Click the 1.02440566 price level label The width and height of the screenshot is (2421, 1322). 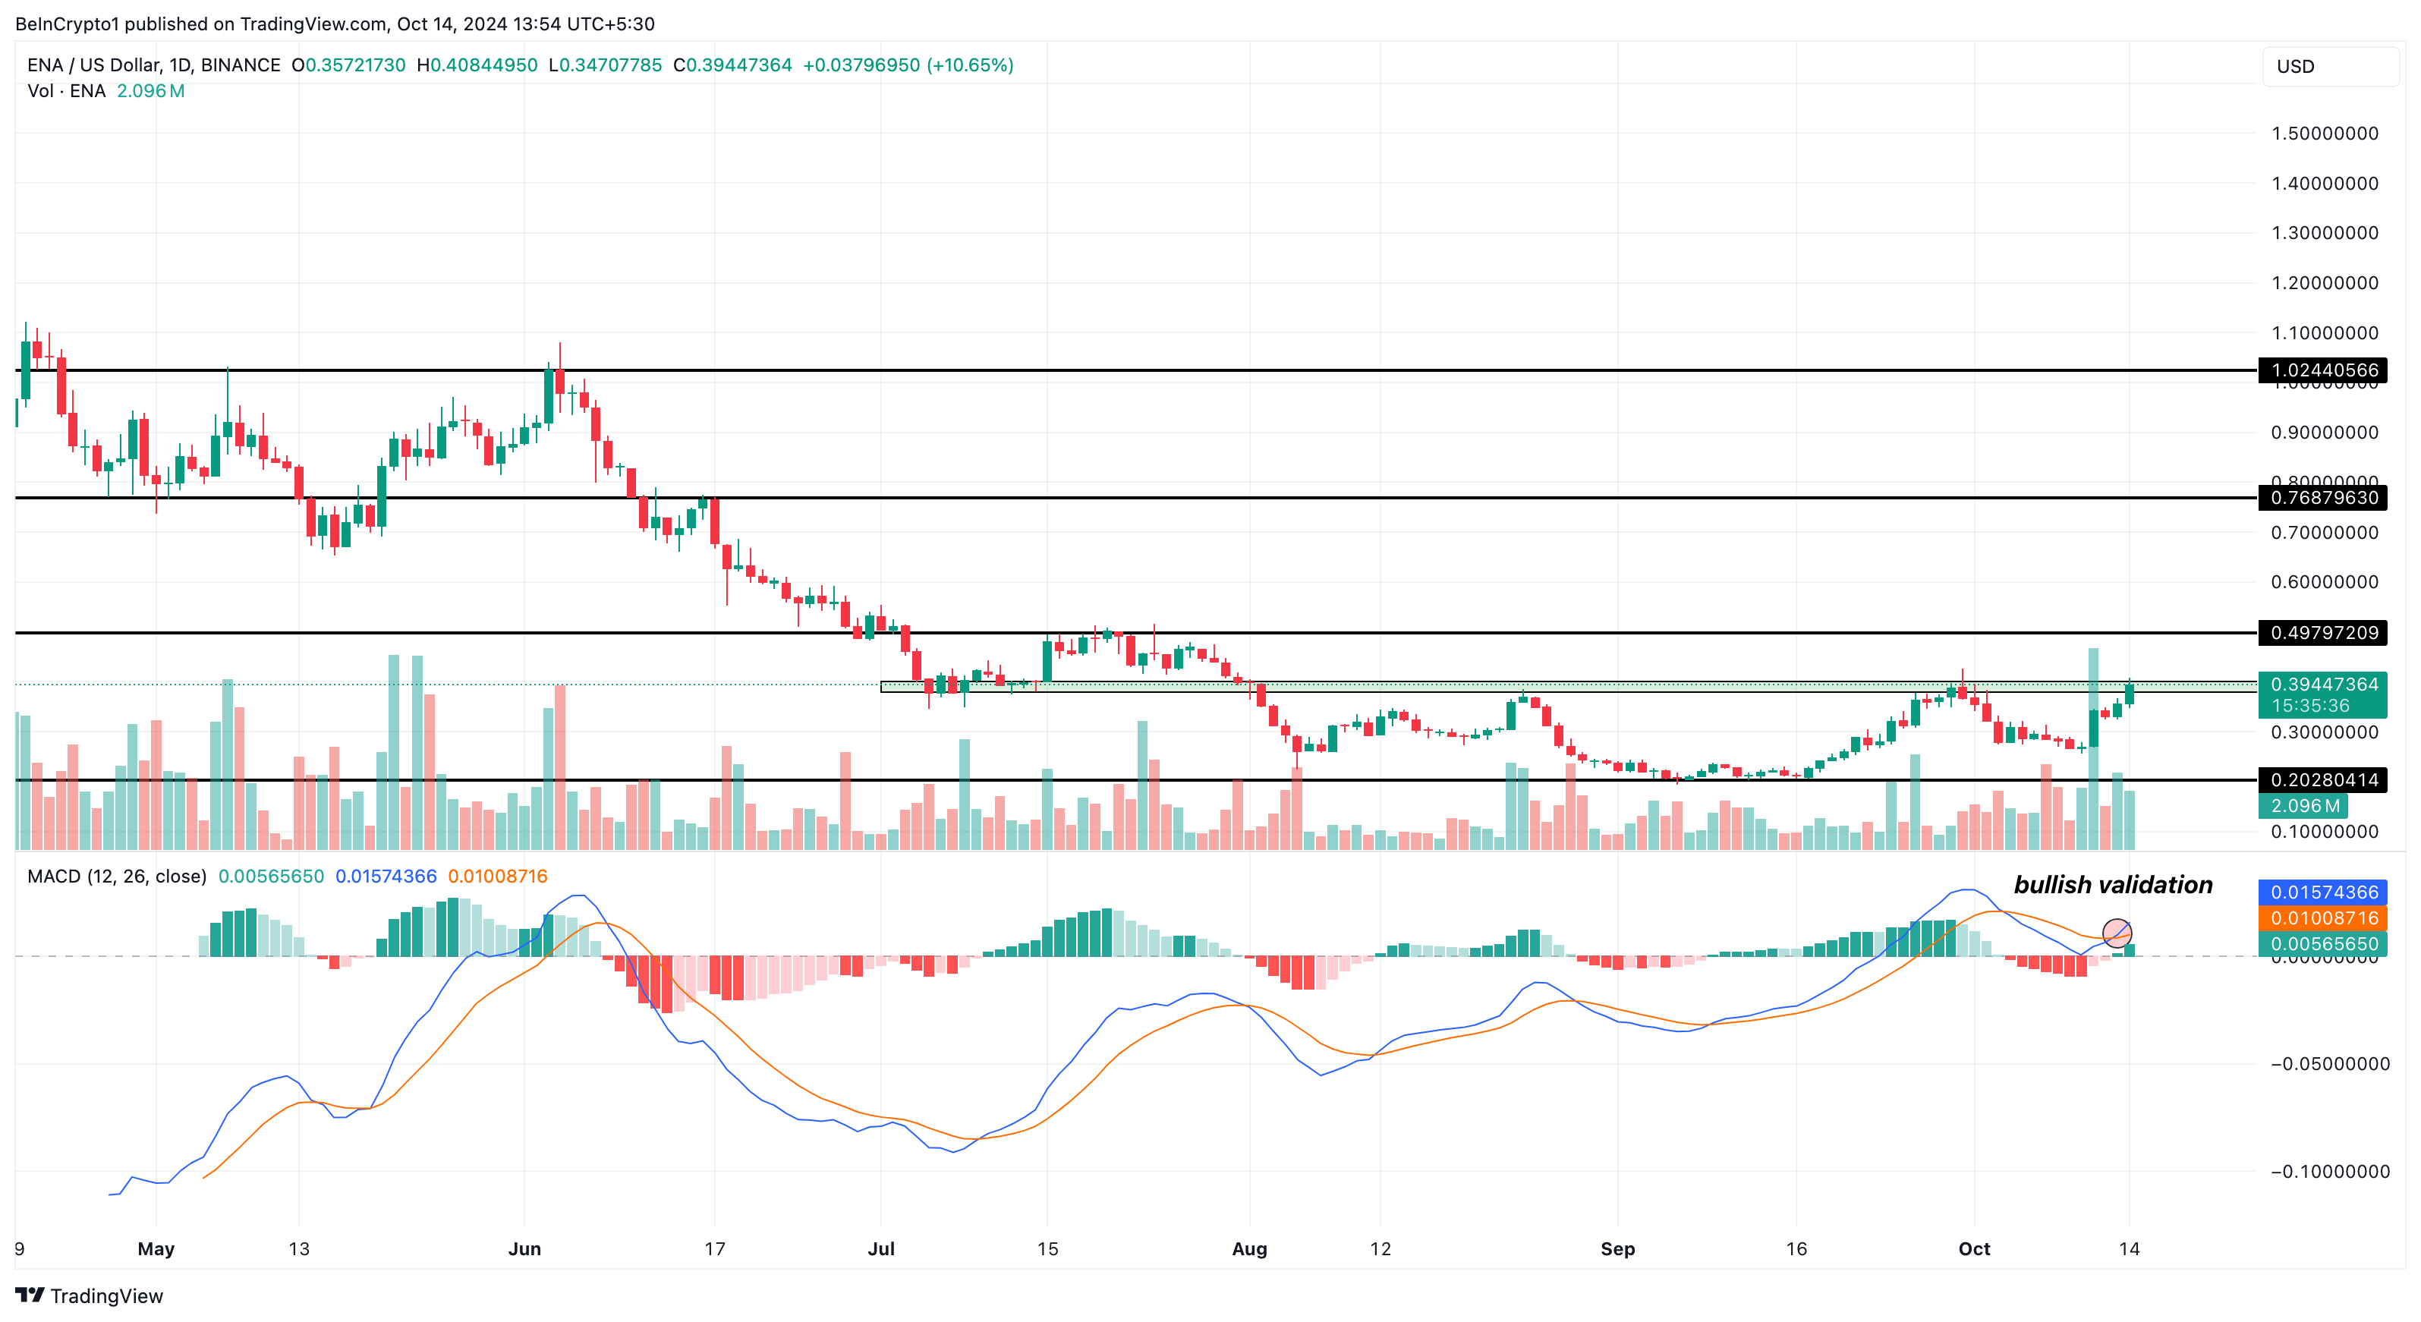(x=2323, y=370)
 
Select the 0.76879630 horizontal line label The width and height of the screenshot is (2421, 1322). (x=2323, y=498)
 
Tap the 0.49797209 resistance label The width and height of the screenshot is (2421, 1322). (x=2323, y=632)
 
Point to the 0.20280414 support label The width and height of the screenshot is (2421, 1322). (x=2323, y=780)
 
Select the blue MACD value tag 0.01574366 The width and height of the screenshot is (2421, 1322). (x=2323, y=892)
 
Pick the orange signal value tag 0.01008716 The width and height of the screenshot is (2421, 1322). (x=2323, y=918)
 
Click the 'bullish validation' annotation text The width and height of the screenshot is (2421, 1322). (x=2113, y=885)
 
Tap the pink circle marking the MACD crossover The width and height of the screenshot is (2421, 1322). (x=2117, y=933)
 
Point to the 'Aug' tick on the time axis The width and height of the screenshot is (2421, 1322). (x=1249, y=1248)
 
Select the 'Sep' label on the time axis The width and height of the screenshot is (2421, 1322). (x=1617, y=1248)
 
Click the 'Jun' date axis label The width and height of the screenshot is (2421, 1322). (x=524, y=1248)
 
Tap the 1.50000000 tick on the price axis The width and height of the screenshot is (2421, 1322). (x=2324, y=134)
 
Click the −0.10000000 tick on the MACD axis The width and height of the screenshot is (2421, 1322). (x=2330, y=1172)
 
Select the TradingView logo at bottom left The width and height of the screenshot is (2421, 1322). (x=90, y=1295)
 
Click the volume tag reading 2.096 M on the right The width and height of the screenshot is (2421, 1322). (x=2304, y=806)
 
